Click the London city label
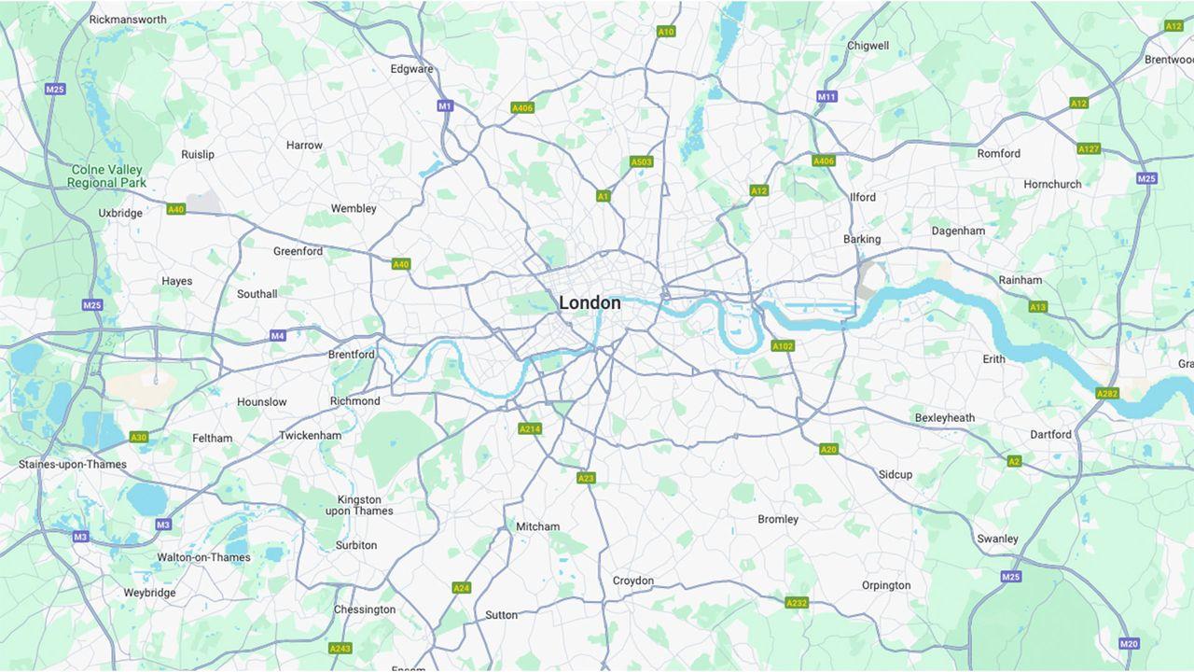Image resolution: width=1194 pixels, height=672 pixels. click(x=590, y=303)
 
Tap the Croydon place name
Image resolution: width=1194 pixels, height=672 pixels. click(x=633, y=581)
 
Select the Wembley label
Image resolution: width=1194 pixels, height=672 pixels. click(x=354, y=208)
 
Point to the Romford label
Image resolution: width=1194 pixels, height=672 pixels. click(x=998, y=153)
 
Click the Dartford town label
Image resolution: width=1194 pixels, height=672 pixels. click(x=1050, y=434)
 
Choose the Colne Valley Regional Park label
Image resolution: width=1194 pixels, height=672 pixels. click(x=106, y=176)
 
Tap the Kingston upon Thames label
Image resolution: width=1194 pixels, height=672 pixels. click(x=359, y=505)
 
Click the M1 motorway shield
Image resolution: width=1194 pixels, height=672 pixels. click(x=445, y=105)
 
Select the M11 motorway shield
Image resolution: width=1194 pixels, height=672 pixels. click(x=826, y=96)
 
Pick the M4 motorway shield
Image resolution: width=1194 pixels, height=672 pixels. click(x=278, y=335)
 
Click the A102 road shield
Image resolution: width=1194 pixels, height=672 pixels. click(x=783, y=346)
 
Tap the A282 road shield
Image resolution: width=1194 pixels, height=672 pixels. click(x=1107, y=393)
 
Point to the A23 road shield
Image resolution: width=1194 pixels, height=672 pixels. click(x=586, y=478)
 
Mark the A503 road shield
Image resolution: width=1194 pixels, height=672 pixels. click(x=642, y=161)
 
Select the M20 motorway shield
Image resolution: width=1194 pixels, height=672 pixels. click(x=1129, y=643)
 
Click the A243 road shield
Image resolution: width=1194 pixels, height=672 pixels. click(x=340, y=648)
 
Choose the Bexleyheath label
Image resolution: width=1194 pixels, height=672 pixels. click(x=944, y=417)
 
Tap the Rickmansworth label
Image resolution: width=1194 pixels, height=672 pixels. click(x=128, y=19)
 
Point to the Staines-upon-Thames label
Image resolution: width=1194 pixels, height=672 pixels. click(x=73, y=464)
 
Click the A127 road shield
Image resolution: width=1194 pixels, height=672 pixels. click(x=1089, y=148)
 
